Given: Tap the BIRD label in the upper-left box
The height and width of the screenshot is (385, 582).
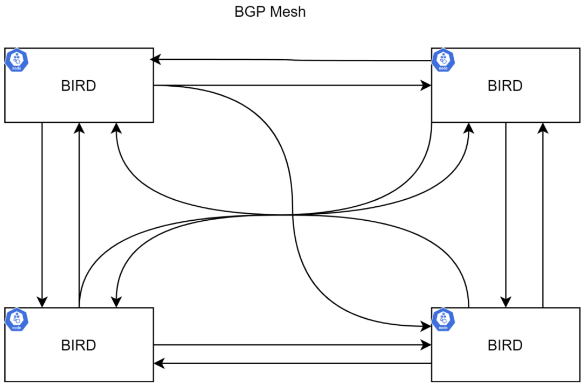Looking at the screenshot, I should pyautogui.click(x=79, y=86).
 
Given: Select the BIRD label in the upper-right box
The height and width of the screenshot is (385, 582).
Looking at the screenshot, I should pyautogui.click(x=505, y=86).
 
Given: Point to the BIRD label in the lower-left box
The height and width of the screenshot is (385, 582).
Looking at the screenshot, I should pyautogui.click(x=79, y=345).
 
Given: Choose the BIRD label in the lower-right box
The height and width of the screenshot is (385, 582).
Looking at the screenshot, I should pyautogui.click(x=505, y=345).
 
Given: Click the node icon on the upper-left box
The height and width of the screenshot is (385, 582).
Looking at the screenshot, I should pyautogui.click(x=17, y=60).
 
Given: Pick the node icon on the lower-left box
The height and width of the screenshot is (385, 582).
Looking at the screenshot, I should pyautogui.click(x=17, y=319).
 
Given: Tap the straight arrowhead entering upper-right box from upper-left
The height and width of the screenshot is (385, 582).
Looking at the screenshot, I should pyautogui.click(x=426, y=85).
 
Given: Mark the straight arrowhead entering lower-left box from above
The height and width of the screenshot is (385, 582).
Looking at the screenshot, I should pyautogui.click(x=42, y=302).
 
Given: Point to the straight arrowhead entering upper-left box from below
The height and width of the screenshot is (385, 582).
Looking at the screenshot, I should pyautogui.click(x=79, y=128).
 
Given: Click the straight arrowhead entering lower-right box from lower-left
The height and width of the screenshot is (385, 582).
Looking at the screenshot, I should pyautogui.click(x=426, y=345).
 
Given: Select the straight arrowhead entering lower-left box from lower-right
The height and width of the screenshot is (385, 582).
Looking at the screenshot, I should pyautogui.click(x=160, y=363).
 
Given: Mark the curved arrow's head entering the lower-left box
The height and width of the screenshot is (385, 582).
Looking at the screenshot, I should pyautogui.click(x=116, y=302).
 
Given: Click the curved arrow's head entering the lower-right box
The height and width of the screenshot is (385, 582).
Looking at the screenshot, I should pyautogui.click(x=426, y=326).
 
